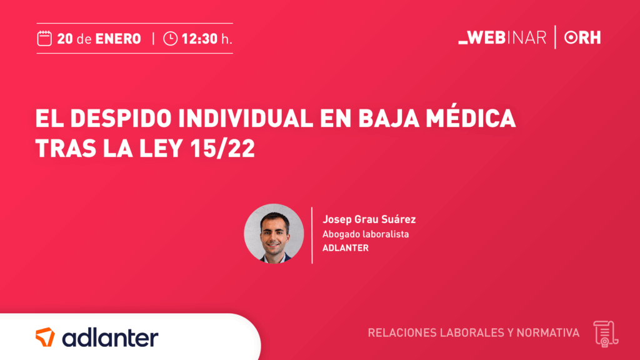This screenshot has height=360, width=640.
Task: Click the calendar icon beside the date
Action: click(x=44, y=39)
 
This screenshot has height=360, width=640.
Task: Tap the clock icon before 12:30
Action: click(x=170, y=39)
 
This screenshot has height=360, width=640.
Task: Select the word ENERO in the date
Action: click(x=118, y=39)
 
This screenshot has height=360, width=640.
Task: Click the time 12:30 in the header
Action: click(x=199, y=39)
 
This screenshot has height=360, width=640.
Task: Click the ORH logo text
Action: click(x=582, y=37)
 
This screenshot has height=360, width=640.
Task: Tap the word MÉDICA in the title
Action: click(x=471, y=117)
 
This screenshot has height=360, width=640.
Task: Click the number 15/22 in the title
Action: click(x=222, y=148)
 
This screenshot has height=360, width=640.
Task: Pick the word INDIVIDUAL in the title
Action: click(x=246, y=118)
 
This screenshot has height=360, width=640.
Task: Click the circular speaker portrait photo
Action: click(x=274, y=234)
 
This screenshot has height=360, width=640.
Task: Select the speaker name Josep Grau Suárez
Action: click(x=369, y=219)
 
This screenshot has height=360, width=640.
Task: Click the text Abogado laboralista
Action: click(x=366, y=234)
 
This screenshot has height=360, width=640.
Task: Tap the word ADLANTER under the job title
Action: click(x=345, y=247)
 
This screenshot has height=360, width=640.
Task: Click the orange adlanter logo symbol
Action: click(x=45, y=337)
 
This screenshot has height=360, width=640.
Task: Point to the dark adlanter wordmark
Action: click(x=110, y=338)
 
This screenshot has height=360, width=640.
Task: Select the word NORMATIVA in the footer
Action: click(x=547, y=332)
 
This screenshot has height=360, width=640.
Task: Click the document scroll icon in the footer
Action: click(x=606, y=334)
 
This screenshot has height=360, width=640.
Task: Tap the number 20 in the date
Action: click(x=65, y=39)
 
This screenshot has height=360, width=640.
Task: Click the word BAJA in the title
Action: click(x=389, y=118)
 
